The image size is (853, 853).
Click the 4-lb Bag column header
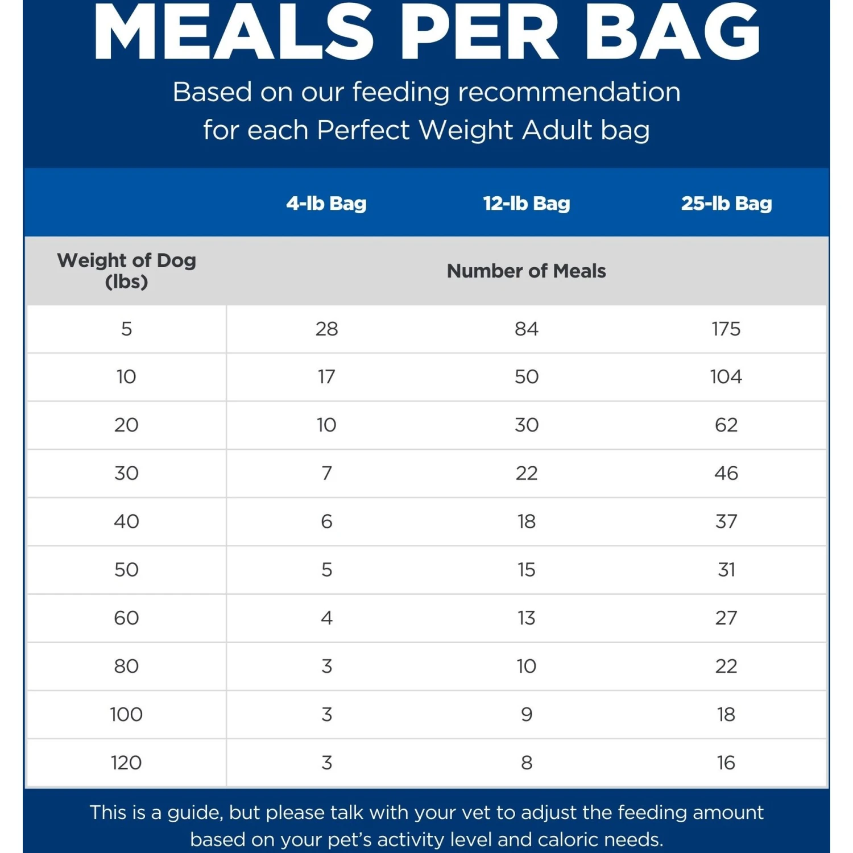tap(326, 203)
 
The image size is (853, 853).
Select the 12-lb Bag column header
tap(527, 203)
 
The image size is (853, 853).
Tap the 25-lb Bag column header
tap(726, 203)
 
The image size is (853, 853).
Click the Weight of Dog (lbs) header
tap(126, 271)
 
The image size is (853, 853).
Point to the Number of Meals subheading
tap(527, 271)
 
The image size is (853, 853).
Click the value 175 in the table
tap(726, 329)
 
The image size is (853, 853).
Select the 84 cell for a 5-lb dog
tap(527, 329)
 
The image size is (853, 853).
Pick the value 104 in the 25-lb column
tap(726, 376)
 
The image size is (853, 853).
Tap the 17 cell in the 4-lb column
tap(326, 376)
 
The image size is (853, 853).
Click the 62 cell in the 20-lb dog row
tap(726, 425)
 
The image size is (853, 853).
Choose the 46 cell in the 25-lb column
tap(726, 473)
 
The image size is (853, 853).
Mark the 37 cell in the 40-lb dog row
tap(726, 521)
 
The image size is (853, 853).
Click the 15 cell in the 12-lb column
tap(527, 570)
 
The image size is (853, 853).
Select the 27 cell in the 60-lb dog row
tap(726, 618)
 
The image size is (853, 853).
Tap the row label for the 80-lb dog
tap(126, 666)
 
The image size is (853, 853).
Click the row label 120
tap(126, 763)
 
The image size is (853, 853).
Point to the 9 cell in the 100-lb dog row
tap(527, 714)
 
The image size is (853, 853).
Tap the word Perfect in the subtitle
tap(363, 130)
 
